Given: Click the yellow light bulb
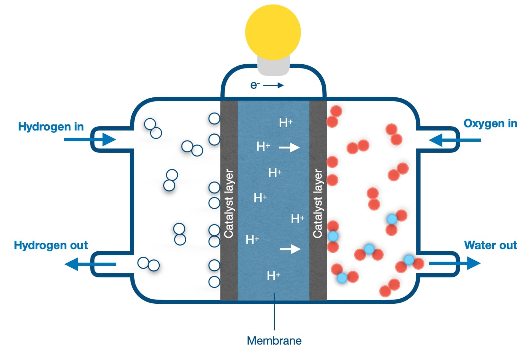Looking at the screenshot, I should point(273,32).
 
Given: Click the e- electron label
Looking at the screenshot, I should point(254,85).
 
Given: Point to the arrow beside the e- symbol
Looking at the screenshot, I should point(273,85).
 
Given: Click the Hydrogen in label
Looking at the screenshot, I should point(51,127).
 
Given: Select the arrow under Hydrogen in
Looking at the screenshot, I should point(90,139).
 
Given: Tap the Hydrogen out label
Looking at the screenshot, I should point(51,245).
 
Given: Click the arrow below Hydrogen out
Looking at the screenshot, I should point(90,264).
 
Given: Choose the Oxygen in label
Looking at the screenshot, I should point(490,123).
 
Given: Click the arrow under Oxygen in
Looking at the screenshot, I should point(455,140).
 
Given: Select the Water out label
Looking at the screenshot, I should point(491,245).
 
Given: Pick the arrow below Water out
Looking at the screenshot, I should point(455,263).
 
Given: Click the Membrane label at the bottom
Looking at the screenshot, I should point(274,341).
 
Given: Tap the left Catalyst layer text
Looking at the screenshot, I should point(229,204).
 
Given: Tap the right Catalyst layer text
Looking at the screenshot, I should point(317,204).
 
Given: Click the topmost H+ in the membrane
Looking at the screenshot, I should point(286,122).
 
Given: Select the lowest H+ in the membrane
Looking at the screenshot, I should point(273,275).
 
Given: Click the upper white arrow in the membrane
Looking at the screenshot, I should point(289,148).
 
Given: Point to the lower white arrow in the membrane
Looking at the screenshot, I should point(290,249).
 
